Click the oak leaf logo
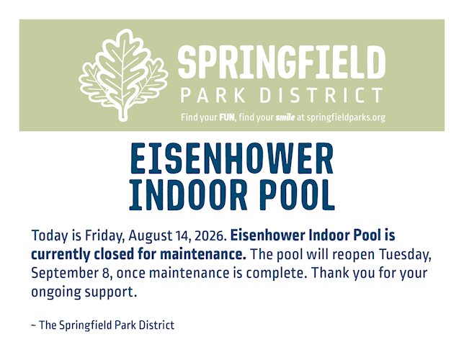pyautogui.click(x=123, y=75)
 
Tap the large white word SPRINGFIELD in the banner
pyautogui.click(x=282, y=63)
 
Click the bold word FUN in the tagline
pyautogui.click(x=227, y=117)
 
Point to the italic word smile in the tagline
pyautogui.click(x=285, y=117)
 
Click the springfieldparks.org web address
pyautogui.click(x=346, y=118)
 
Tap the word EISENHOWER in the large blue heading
pyautogui.click(x=232, y=158)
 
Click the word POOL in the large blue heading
pyautogui.click(x=297, y=194)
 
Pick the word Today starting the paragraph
pyautogui.click(x=50, y=236)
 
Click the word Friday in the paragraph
pyautogui.click(x=104, y=236)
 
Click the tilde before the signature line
pyautogui.click(x=34, y=325)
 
